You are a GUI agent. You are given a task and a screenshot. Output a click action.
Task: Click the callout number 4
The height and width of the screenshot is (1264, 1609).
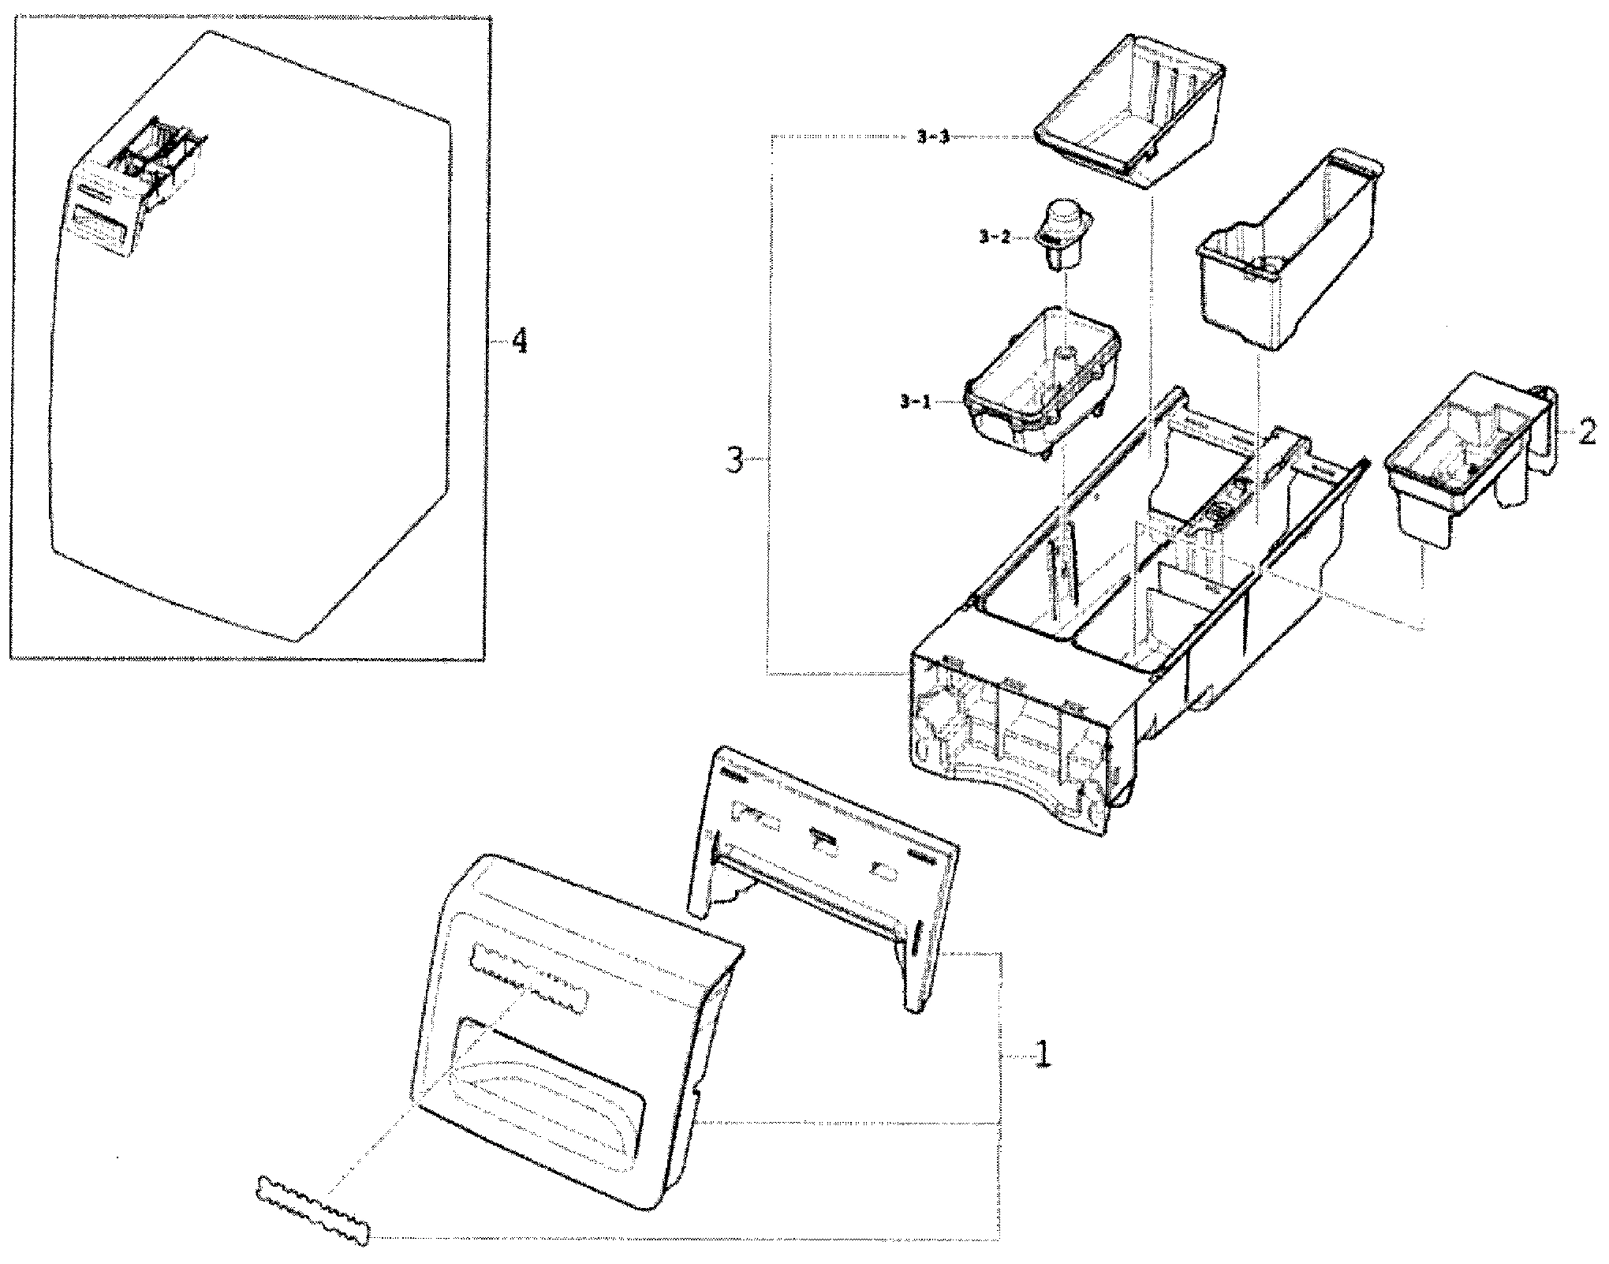[x=518, y=342]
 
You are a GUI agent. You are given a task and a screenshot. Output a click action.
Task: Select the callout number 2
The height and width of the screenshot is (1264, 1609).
[x=1588, y=432]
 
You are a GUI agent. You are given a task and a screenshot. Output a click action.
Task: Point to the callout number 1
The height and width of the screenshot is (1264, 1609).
[x=1042, y=1053]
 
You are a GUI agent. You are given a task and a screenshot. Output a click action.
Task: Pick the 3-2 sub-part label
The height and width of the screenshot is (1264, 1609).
[x=994, y=237]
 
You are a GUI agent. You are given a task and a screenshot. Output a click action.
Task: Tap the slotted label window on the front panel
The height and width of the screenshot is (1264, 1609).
[x=528, y=978]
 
